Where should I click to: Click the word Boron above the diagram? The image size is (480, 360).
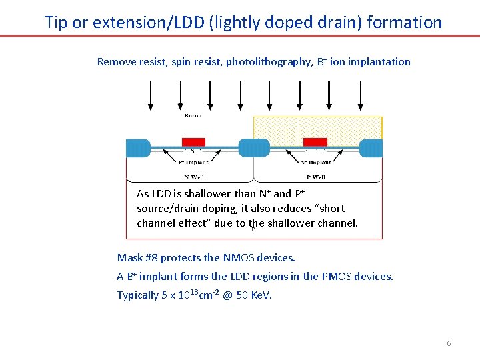(192, 116)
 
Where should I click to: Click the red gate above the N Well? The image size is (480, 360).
(193, 142)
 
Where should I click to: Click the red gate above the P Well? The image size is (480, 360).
(315, 142)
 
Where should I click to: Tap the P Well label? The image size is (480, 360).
(315, 177)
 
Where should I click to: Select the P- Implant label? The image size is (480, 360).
(194, 162)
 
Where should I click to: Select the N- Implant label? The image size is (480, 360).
(316, 162)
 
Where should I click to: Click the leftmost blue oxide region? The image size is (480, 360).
(138, 148)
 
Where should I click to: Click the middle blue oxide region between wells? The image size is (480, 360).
(254, 148)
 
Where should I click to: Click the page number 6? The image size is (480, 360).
(449, 343)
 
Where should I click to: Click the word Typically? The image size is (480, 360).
(137, 295)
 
